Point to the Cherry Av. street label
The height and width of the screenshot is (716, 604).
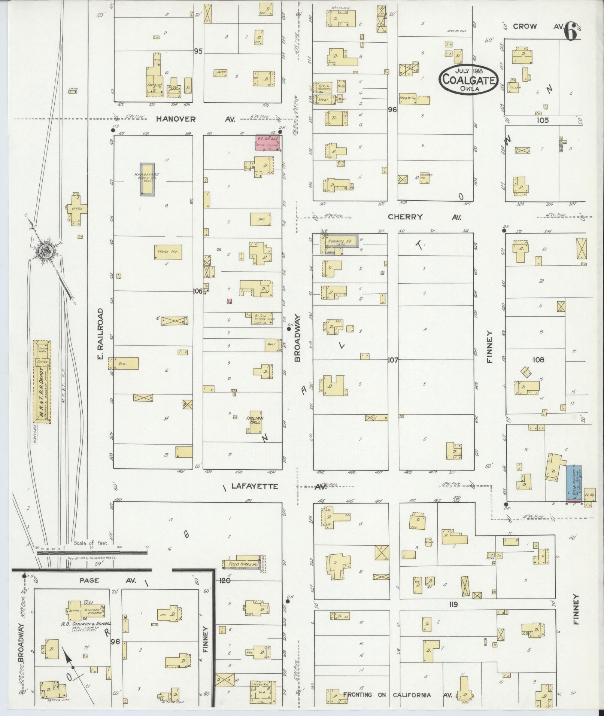coord(424,217)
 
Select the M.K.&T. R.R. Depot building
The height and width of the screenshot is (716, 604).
coord(42,382)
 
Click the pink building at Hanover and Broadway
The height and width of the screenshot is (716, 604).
coord(268,143)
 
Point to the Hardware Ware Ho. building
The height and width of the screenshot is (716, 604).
coord(147,179)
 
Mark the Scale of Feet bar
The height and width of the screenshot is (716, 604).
coord(91,552)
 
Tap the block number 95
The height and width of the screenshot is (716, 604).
coord(198,51)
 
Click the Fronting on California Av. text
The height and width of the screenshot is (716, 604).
coord(398,695)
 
